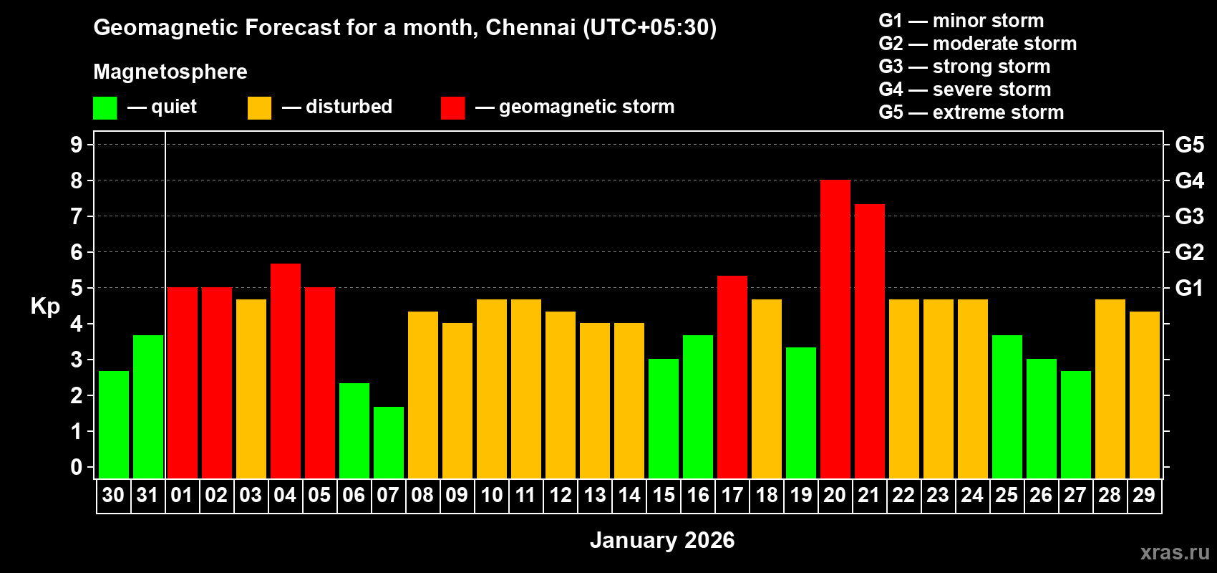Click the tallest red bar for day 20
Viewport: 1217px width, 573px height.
click(x=835, y=329)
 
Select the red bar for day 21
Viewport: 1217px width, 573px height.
click(x=869, y=342)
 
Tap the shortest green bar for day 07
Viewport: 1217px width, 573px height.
click(x=388, y=443)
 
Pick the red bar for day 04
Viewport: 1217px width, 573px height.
click(x=285, y=371)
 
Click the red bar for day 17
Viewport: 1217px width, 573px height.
click(x=732, y=377)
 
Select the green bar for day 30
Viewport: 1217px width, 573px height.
click(x=113, y=425)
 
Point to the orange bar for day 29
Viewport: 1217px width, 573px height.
click(x=1144, y=395)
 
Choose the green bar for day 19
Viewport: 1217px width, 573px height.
click(x=800, y=413)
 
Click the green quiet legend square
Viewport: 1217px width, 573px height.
click(x=105, y=108)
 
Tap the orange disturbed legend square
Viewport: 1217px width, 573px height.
click(x=259, y=108)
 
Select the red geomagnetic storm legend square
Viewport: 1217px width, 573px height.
click(x=452, y=108)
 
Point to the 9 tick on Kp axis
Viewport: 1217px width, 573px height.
click(x=77, y=145)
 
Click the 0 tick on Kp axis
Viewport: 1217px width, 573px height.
click(x=77, y=468)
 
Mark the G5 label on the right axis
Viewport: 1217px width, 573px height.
click(x=1189, y=145)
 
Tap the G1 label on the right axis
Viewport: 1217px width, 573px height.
click(x=1189, y=288)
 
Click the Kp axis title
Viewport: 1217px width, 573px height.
click(x=45, y=307)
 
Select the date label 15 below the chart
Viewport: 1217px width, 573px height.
click(x=664, y=496)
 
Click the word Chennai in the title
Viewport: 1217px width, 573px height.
click(x=530, y=27)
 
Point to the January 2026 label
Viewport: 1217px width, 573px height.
click(x=662, y=540)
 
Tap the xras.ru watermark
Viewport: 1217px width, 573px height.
click(x=1174, y=552)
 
